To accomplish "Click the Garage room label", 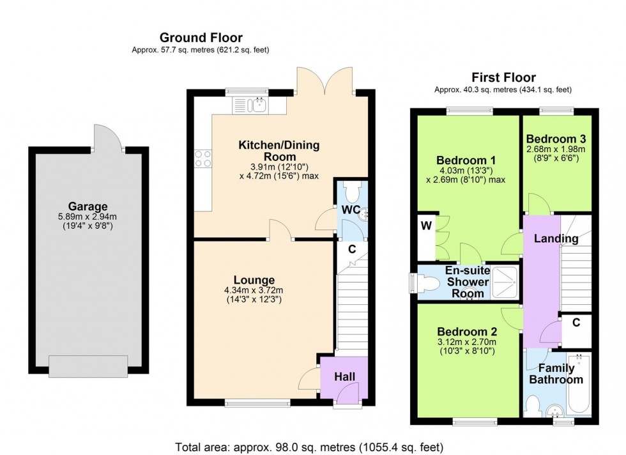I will coord(89,206).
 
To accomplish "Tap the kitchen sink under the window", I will coord(253,105).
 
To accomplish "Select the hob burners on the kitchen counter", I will coord(203,158).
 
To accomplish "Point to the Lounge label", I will coord(254,280).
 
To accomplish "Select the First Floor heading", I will coord(503,77).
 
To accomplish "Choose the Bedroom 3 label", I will coord(556,138).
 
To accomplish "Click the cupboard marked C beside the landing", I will coord(576,323).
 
